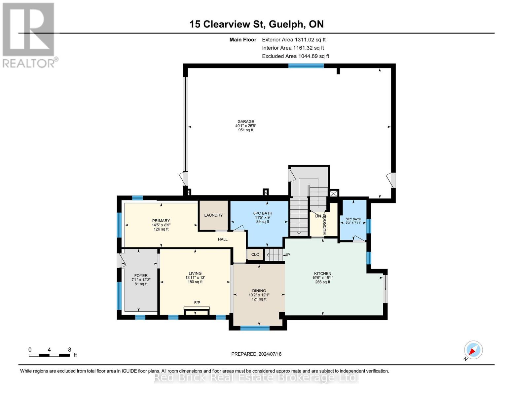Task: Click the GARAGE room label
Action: pos(246,121)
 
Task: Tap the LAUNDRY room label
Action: pos(213,215)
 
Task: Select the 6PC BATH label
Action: pos(263,213)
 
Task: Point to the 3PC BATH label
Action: pos(353,219)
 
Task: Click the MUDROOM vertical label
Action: pos(325,224)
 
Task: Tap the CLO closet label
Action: pos(255,254)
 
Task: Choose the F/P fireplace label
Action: pos(197,303)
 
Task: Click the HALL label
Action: pos(223,239)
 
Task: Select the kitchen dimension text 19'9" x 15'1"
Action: pos(322,278)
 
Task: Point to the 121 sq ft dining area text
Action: pos(259,299)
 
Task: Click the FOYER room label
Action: pos(141,276)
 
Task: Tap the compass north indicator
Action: pos(473,350)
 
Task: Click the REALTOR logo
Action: pos(29,35)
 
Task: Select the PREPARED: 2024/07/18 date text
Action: pos(256,354)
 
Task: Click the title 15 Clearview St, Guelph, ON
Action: pos(256,24)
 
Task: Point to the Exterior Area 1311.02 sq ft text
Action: pos(294,40)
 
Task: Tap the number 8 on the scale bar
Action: pos(69,349)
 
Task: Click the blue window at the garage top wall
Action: pos(306,66)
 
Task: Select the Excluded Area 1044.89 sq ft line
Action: pos(296,56)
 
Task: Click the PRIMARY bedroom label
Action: pos(161,221)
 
